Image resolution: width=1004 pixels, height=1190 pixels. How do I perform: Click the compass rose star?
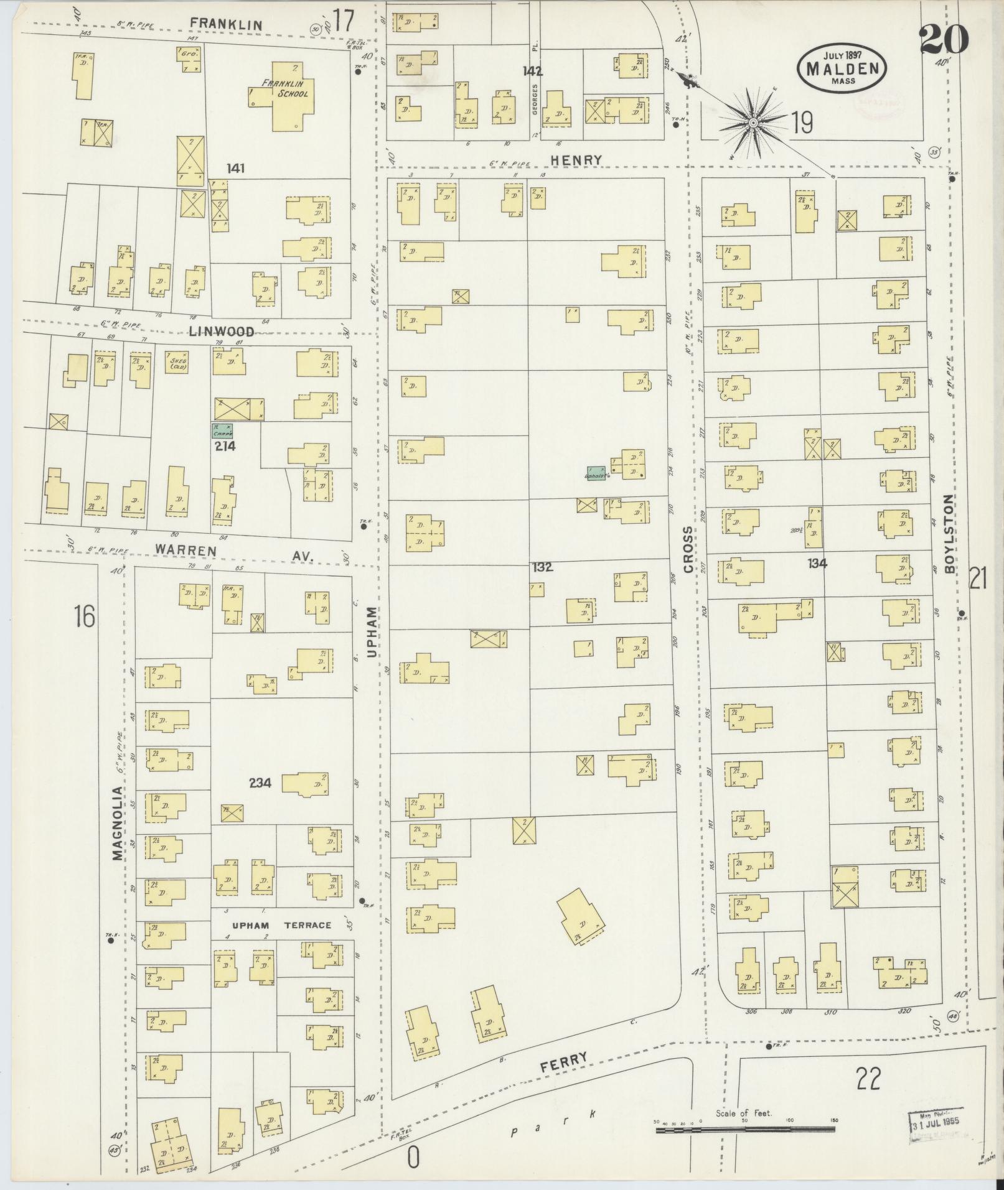pos(753,123)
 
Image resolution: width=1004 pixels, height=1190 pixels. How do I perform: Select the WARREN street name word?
pos(185,551)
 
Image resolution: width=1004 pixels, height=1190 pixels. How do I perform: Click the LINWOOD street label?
pos(222,332)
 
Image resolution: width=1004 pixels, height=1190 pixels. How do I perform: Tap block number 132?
pos(542,567)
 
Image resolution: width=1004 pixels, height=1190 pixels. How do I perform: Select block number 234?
pos(260,783)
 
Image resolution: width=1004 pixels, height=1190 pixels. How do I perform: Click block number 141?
pos(237,168)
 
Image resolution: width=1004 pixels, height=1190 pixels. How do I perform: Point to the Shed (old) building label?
pos(177,363)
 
